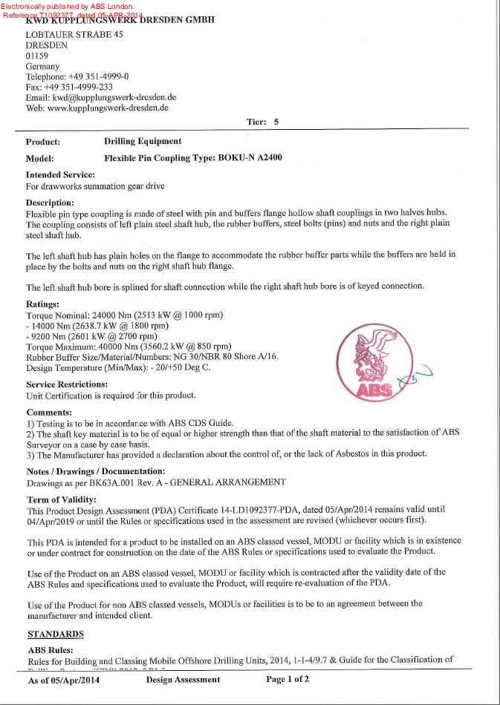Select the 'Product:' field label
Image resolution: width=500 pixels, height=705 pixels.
click(x=43, y=142)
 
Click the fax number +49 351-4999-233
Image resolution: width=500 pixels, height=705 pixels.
click(x=81, y=87)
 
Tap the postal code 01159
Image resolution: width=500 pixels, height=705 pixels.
click(x=36, y=56)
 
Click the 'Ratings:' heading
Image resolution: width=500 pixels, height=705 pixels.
click(x=43, y=304)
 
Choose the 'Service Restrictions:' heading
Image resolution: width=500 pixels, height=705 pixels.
click(x=67, y=384)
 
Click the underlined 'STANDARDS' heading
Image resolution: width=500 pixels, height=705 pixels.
click(x=56, y=634)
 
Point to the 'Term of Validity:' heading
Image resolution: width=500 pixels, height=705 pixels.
click(x=62, y=499)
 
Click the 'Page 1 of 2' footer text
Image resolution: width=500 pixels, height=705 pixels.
click(x=288, y=679)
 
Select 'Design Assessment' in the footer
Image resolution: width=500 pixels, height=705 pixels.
click(x=183, y=679)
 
